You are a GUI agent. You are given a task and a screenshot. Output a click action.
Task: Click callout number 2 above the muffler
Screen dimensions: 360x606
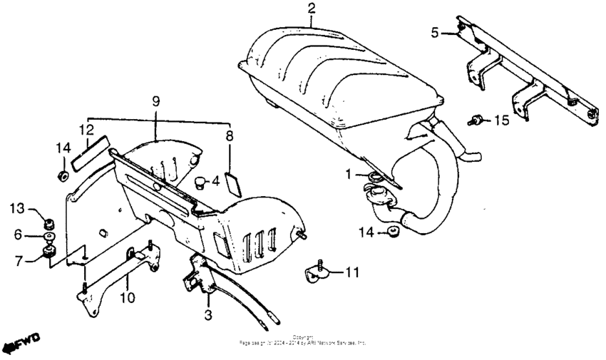(x=312, y=9)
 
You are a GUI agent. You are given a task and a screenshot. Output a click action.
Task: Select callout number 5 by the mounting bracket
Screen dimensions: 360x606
(x=435, y=32)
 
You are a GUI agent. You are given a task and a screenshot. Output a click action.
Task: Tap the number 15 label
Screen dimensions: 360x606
(x=502, y=120)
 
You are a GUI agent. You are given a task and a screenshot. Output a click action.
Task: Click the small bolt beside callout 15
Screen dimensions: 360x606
(x=473, y=120)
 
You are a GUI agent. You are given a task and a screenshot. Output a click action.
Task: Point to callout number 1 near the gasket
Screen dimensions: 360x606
(x=349, y=174)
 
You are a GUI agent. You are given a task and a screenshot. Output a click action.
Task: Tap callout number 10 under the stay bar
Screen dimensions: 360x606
(x=127, y=298)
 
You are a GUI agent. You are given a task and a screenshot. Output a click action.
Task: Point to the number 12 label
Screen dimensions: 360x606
(x=86, y=130)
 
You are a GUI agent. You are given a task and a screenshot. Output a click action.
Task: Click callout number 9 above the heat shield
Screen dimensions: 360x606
(x=156, y=102)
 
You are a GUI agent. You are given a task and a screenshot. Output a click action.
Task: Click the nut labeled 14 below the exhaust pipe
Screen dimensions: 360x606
(x=391, y=232)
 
